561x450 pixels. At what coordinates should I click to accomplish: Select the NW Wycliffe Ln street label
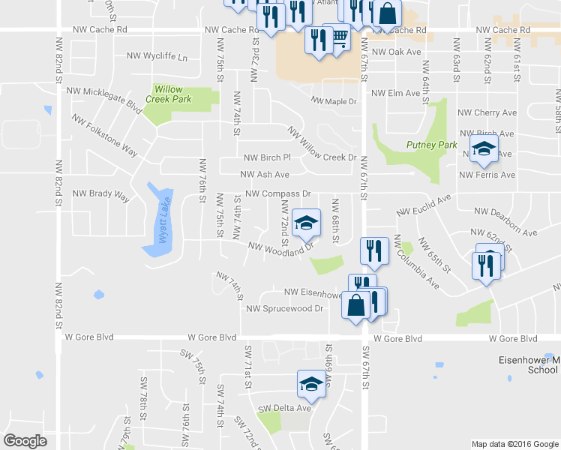[157, 57]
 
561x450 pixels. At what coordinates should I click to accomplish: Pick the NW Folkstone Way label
[105, 135]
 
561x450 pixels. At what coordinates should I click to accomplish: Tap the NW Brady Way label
[100, 193]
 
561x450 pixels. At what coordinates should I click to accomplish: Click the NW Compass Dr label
[277, 193]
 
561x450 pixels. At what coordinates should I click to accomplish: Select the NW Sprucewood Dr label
[284, 308]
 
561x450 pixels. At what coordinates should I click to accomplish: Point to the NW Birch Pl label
[267, 157]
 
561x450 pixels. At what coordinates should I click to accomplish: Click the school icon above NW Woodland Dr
[306, 222]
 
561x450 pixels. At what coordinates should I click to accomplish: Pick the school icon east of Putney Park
[484, 148]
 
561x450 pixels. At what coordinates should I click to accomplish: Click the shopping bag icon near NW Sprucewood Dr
[356, 304]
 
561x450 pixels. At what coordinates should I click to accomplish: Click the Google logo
[25, 441]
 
